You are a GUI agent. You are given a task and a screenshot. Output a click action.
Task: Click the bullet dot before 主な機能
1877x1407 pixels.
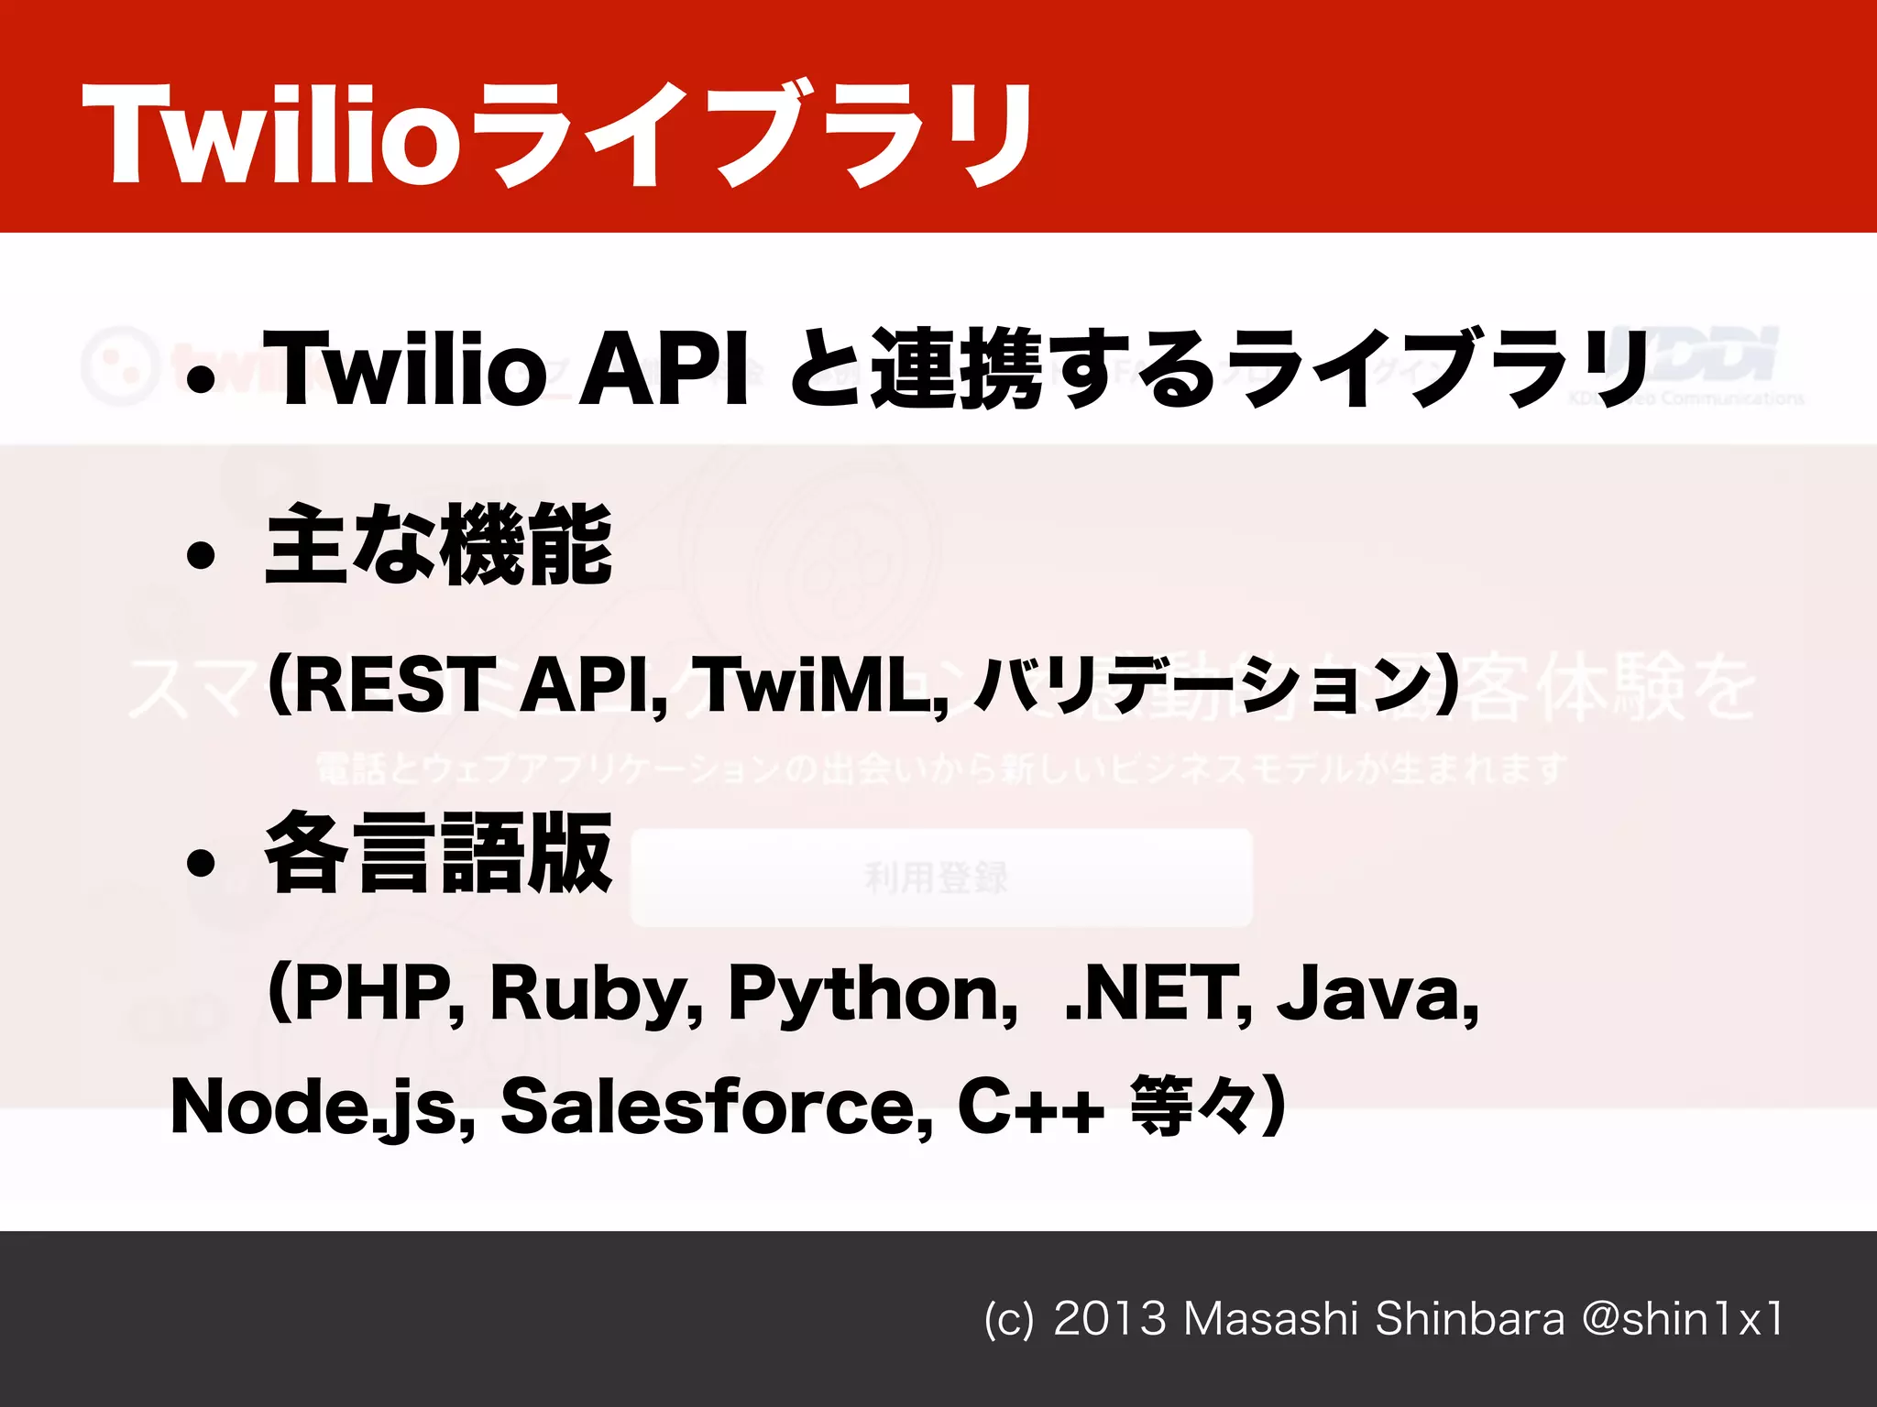click(200, 555)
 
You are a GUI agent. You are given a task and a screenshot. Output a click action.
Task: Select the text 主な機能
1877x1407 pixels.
click(438, 546)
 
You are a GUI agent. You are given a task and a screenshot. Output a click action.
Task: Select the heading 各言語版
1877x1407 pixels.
click(438, 854)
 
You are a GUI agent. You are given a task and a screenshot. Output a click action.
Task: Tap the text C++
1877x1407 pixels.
click(1029, 1107)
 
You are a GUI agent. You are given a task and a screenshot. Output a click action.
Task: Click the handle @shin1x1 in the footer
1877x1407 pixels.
click(1682, 1319)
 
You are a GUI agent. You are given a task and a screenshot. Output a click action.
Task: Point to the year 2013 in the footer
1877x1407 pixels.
click(1109, 1319)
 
